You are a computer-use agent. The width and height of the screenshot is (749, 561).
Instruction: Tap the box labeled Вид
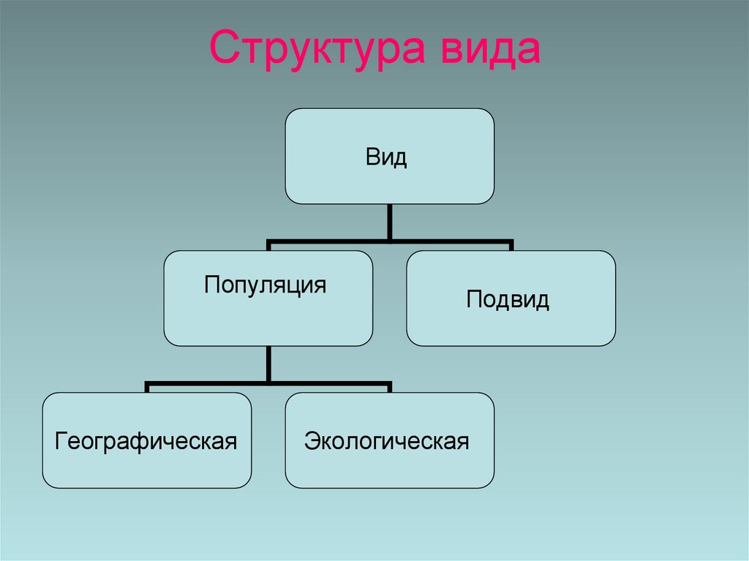(389, 156)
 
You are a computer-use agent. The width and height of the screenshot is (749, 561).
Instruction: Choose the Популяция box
(268, 298)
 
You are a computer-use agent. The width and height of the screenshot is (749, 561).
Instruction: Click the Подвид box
(511, 298)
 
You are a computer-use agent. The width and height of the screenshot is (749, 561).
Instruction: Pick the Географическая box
(146, 440)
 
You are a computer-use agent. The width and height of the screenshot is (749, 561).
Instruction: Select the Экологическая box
(389, 440)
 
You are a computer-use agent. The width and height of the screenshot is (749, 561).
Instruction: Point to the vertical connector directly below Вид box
(389, 221)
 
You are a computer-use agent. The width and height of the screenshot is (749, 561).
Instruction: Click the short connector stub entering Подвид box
(511, 246)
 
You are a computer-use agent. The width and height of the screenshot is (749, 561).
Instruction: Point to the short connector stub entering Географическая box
(146, 388)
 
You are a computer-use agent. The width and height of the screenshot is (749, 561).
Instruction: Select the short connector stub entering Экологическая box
(389, 388)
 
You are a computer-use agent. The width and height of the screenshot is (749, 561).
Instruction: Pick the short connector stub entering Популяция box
(268, 246)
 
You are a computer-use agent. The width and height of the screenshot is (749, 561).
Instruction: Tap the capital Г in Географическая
(61, 442)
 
